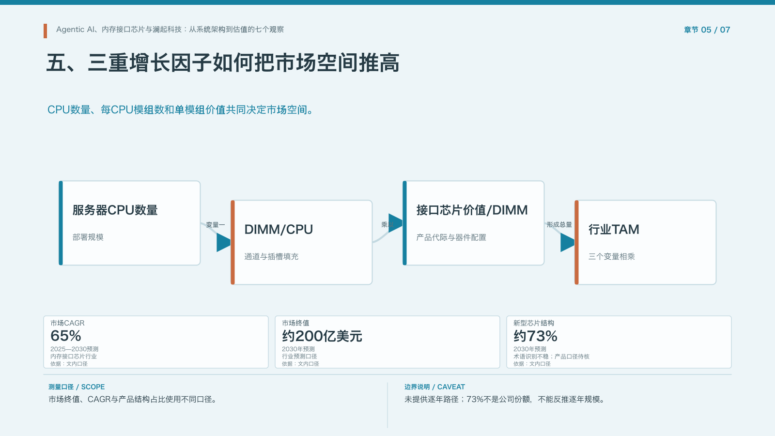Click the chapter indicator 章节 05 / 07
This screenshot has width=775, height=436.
point(707,30)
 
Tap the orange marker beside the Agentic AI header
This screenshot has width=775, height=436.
point(46,31)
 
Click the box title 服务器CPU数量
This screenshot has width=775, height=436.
point(115,210)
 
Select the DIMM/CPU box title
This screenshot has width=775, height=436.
point(279,230)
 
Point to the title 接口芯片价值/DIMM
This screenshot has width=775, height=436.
point(472,210)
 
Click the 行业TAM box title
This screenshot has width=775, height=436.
point(614,230)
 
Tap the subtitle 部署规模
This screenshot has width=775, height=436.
point(88,237)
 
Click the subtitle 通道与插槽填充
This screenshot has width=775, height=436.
point(271,256)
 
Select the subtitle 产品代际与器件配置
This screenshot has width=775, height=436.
point(451,237)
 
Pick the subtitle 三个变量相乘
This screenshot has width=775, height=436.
point(612,256)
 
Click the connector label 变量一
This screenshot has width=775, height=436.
point(215,225)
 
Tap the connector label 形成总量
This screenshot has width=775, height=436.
point(559,225)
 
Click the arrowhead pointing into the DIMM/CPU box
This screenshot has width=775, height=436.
point(223,243)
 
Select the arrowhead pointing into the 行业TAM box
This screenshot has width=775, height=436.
point(567,243)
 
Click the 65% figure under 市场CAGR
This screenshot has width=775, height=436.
point(66,336)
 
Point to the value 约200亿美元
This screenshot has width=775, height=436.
point(322,336)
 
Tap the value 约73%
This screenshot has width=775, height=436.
point(535,336)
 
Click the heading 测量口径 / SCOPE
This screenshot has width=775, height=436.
point(77,387)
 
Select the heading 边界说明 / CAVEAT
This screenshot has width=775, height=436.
point(434,387)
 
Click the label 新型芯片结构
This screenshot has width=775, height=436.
point(533,323)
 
